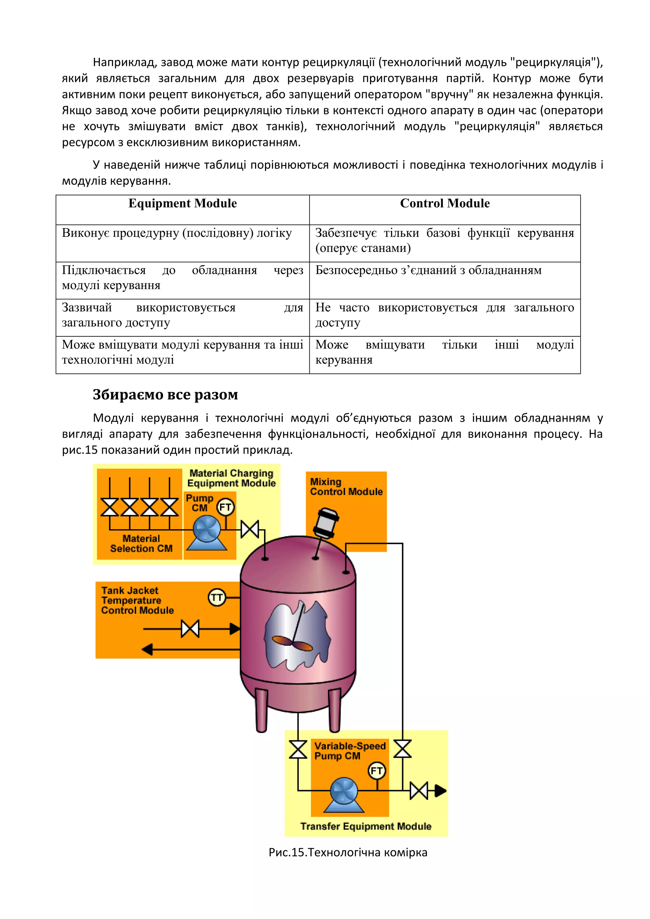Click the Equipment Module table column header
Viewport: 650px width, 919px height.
tap(182, 204)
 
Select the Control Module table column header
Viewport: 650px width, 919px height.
tap(445, 204)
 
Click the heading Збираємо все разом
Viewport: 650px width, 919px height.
tap(165, 395)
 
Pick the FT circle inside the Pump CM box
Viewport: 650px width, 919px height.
tap(225, 507)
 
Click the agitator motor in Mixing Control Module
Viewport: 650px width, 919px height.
tap(325, 522)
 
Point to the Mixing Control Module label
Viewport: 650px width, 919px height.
tap(346, 487)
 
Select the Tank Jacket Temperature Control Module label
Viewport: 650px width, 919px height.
tap(137, 600)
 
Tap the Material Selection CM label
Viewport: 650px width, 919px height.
tap(141, 544)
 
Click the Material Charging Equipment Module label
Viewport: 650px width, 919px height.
tap(231, 478)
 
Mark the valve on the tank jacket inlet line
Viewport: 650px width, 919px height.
tap(190, 629)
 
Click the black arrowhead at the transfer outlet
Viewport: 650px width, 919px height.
tap(440, 790)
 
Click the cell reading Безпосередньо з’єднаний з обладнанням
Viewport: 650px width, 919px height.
tap(428, 271)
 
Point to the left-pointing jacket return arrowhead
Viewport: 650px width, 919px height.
tap(147, 649)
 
